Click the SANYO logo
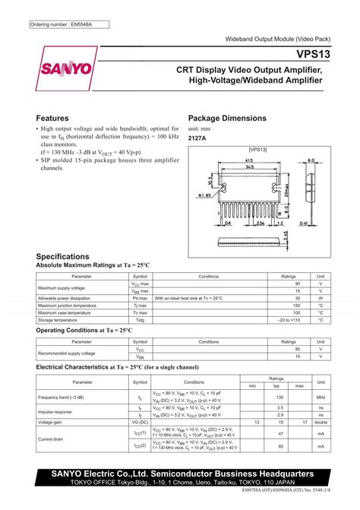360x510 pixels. click(x=65, y=68)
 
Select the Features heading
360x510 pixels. click(x=53, y=119)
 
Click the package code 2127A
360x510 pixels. click(x=197, y=139)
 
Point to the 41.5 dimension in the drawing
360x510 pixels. click(x=249, y=162)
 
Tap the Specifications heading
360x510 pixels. click(x=64, y=257)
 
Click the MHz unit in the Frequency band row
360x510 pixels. click(x=321, y=397)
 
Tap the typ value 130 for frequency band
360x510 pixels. click(x=279, y=397)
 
